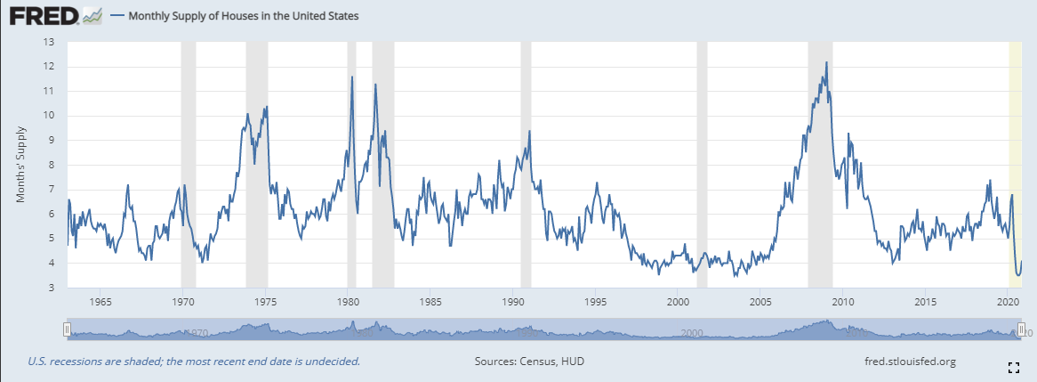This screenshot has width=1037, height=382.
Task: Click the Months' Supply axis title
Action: tap(20, 165)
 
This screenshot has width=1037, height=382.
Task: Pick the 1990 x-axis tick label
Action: tap(511, 299)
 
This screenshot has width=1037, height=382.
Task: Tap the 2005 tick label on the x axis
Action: tap(760, 299)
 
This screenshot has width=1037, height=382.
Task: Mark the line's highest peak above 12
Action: tap(826, 62)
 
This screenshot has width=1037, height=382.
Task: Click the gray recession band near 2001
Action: tap(702, 160)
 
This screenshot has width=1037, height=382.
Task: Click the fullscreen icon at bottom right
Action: tap(1013, 367)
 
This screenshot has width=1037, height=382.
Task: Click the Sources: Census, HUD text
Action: tap(530, 361)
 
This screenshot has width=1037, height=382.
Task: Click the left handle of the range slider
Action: tap(67, 329)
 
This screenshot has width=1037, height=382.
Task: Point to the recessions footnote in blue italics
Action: tap(194, 361)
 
